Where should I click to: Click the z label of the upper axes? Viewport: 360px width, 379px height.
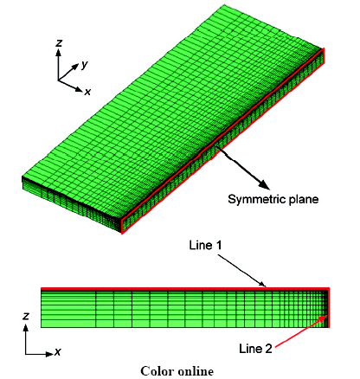coord(59,43)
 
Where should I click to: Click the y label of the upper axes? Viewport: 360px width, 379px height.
coord(84,65)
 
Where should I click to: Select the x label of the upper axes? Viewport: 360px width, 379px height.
coord(87,92)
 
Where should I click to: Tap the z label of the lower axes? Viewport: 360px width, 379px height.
coord(26,316)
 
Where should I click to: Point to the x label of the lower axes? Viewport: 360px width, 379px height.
coord(58,351)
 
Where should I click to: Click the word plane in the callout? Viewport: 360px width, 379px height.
coord(303,200)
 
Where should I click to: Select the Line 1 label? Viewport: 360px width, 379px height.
coord(205,245)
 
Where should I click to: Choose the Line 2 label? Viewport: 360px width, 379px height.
coord(255,349)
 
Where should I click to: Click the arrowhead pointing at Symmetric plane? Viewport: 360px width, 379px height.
coord(264,184)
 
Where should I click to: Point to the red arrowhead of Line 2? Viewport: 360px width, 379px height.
coord(323,318)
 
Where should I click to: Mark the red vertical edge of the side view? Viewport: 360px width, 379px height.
coord(329,307)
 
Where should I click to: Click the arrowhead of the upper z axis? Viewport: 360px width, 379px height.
coord(59,52)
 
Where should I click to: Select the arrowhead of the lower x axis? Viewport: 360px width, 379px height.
coord(50,354)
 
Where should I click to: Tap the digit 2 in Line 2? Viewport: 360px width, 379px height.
coord(268,349)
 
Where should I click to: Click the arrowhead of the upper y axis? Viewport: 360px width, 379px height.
coord(75,67)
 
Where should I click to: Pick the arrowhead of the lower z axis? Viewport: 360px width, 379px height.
coord(26,328)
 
